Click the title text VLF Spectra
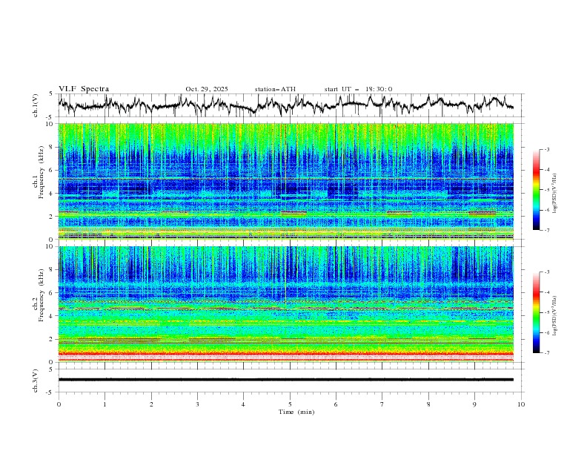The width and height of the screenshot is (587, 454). [84, 89]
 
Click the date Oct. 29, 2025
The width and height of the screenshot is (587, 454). [207, 89]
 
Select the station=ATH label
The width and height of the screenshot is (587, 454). [275, 89]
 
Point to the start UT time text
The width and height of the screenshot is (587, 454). [358, 89]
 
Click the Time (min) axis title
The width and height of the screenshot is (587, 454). [290, 412]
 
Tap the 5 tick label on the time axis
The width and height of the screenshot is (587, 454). [290, 404]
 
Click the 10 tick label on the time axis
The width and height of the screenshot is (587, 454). [521, 404]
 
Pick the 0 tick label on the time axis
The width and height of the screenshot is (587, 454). [59, 404]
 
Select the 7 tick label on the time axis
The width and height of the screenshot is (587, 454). [382, 404]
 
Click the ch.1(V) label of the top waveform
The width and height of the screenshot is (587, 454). [36, 105]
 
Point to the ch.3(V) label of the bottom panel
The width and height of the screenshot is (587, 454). [36, 380]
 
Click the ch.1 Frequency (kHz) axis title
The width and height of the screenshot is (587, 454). [39, 181]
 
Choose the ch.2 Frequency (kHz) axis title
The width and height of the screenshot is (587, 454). [39, 304]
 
